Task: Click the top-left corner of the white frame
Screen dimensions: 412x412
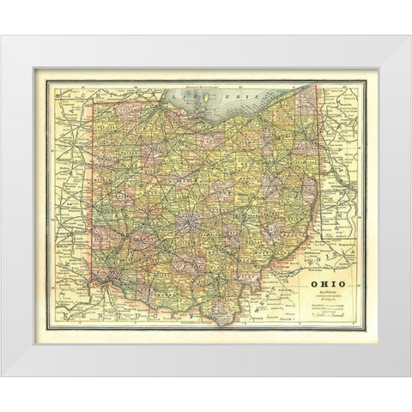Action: pyautogui.click(x=11, y=36)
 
